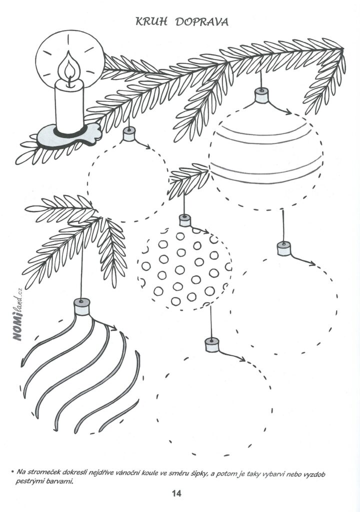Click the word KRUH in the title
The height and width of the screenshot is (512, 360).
[151, 22]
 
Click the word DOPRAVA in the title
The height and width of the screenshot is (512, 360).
[202, 22]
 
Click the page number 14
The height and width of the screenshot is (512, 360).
[176, 493]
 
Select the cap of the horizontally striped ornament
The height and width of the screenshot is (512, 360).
[261, 95]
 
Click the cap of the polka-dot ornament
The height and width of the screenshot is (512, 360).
[184, 220]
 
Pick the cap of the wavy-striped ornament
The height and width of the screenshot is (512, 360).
[81, 306]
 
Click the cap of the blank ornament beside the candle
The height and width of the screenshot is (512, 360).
[129, 134]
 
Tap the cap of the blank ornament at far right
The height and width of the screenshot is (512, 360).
[284, 248]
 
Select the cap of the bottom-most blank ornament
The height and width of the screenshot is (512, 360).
[212, 345]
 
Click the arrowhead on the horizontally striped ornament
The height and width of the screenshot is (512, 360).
[288, 112]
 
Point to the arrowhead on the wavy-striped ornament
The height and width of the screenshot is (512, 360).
[113, 327]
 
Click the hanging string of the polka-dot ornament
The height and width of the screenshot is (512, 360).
[184, 204]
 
